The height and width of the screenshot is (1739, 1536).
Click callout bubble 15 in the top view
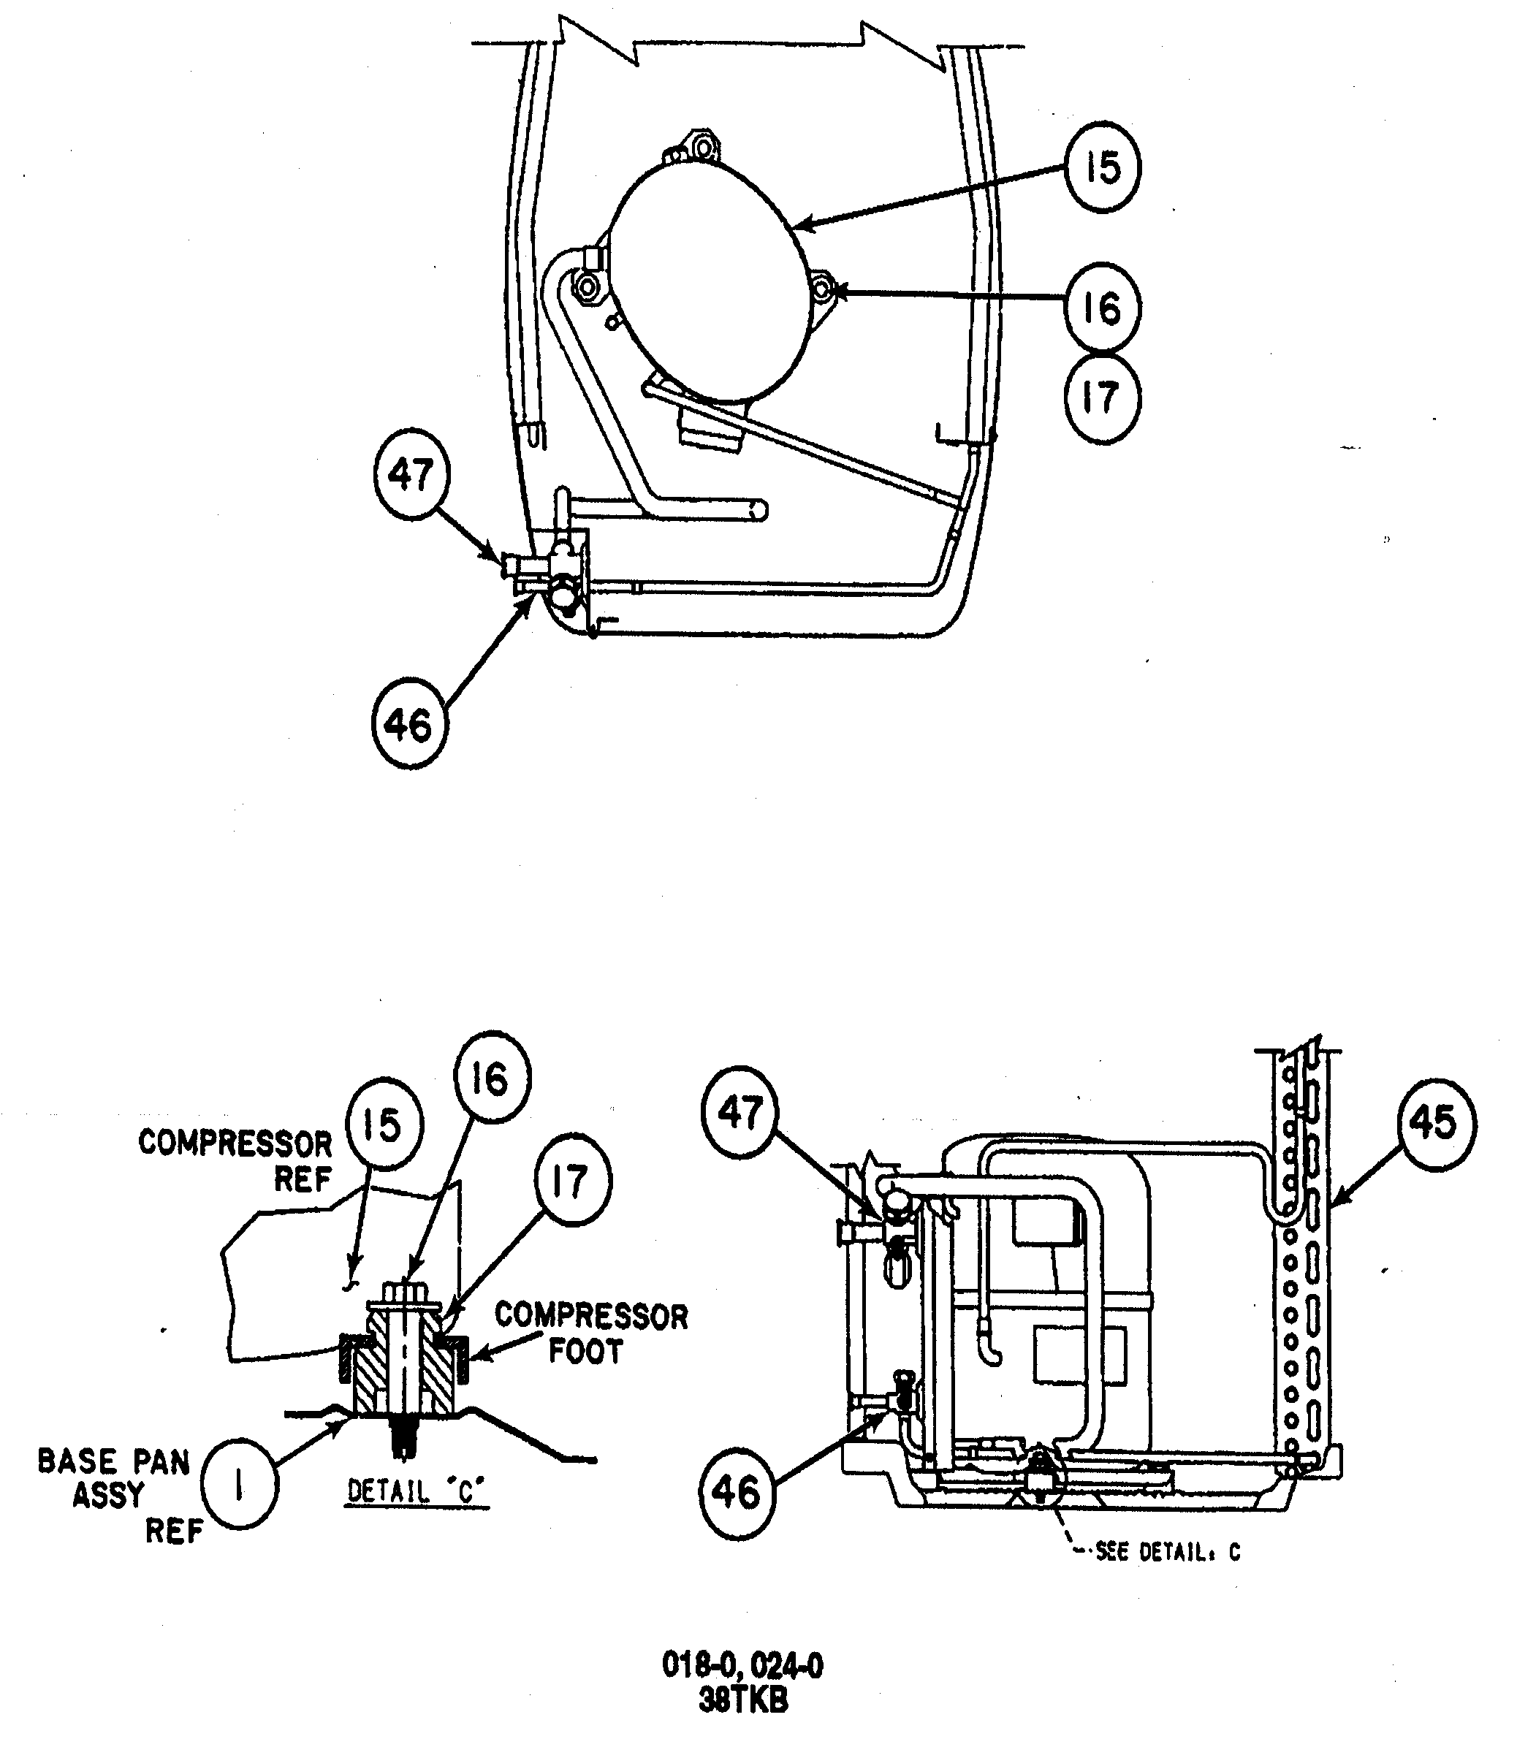(x=1102, y=167)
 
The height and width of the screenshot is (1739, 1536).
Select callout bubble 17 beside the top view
(x=1101, y=398)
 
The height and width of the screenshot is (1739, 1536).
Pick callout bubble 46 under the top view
(x=409, y=725)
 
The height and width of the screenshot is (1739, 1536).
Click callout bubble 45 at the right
(x=1437, y=1124)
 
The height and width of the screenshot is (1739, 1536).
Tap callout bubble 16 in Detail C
(x=491, y=1078)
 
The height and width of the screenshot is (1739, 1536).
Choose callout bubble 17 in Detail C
(x=572, y=1181)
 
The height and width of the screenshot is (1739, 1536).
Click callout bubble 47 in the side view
(x=740, y=1112)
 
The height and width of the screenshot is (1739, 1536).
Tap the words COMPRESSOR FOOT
(x=590, y=1332)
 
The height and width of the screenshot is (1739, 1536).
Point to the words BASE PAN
(x=113, y=1461)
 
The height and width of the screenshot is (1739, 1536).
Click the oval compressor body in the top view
(x=708, y=281)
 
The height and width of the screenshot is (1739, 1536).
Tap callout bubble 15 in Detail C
(x=383, y=1125)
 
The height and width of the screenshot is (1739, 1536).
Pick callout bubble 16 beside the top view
(x=1101, y=308)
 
